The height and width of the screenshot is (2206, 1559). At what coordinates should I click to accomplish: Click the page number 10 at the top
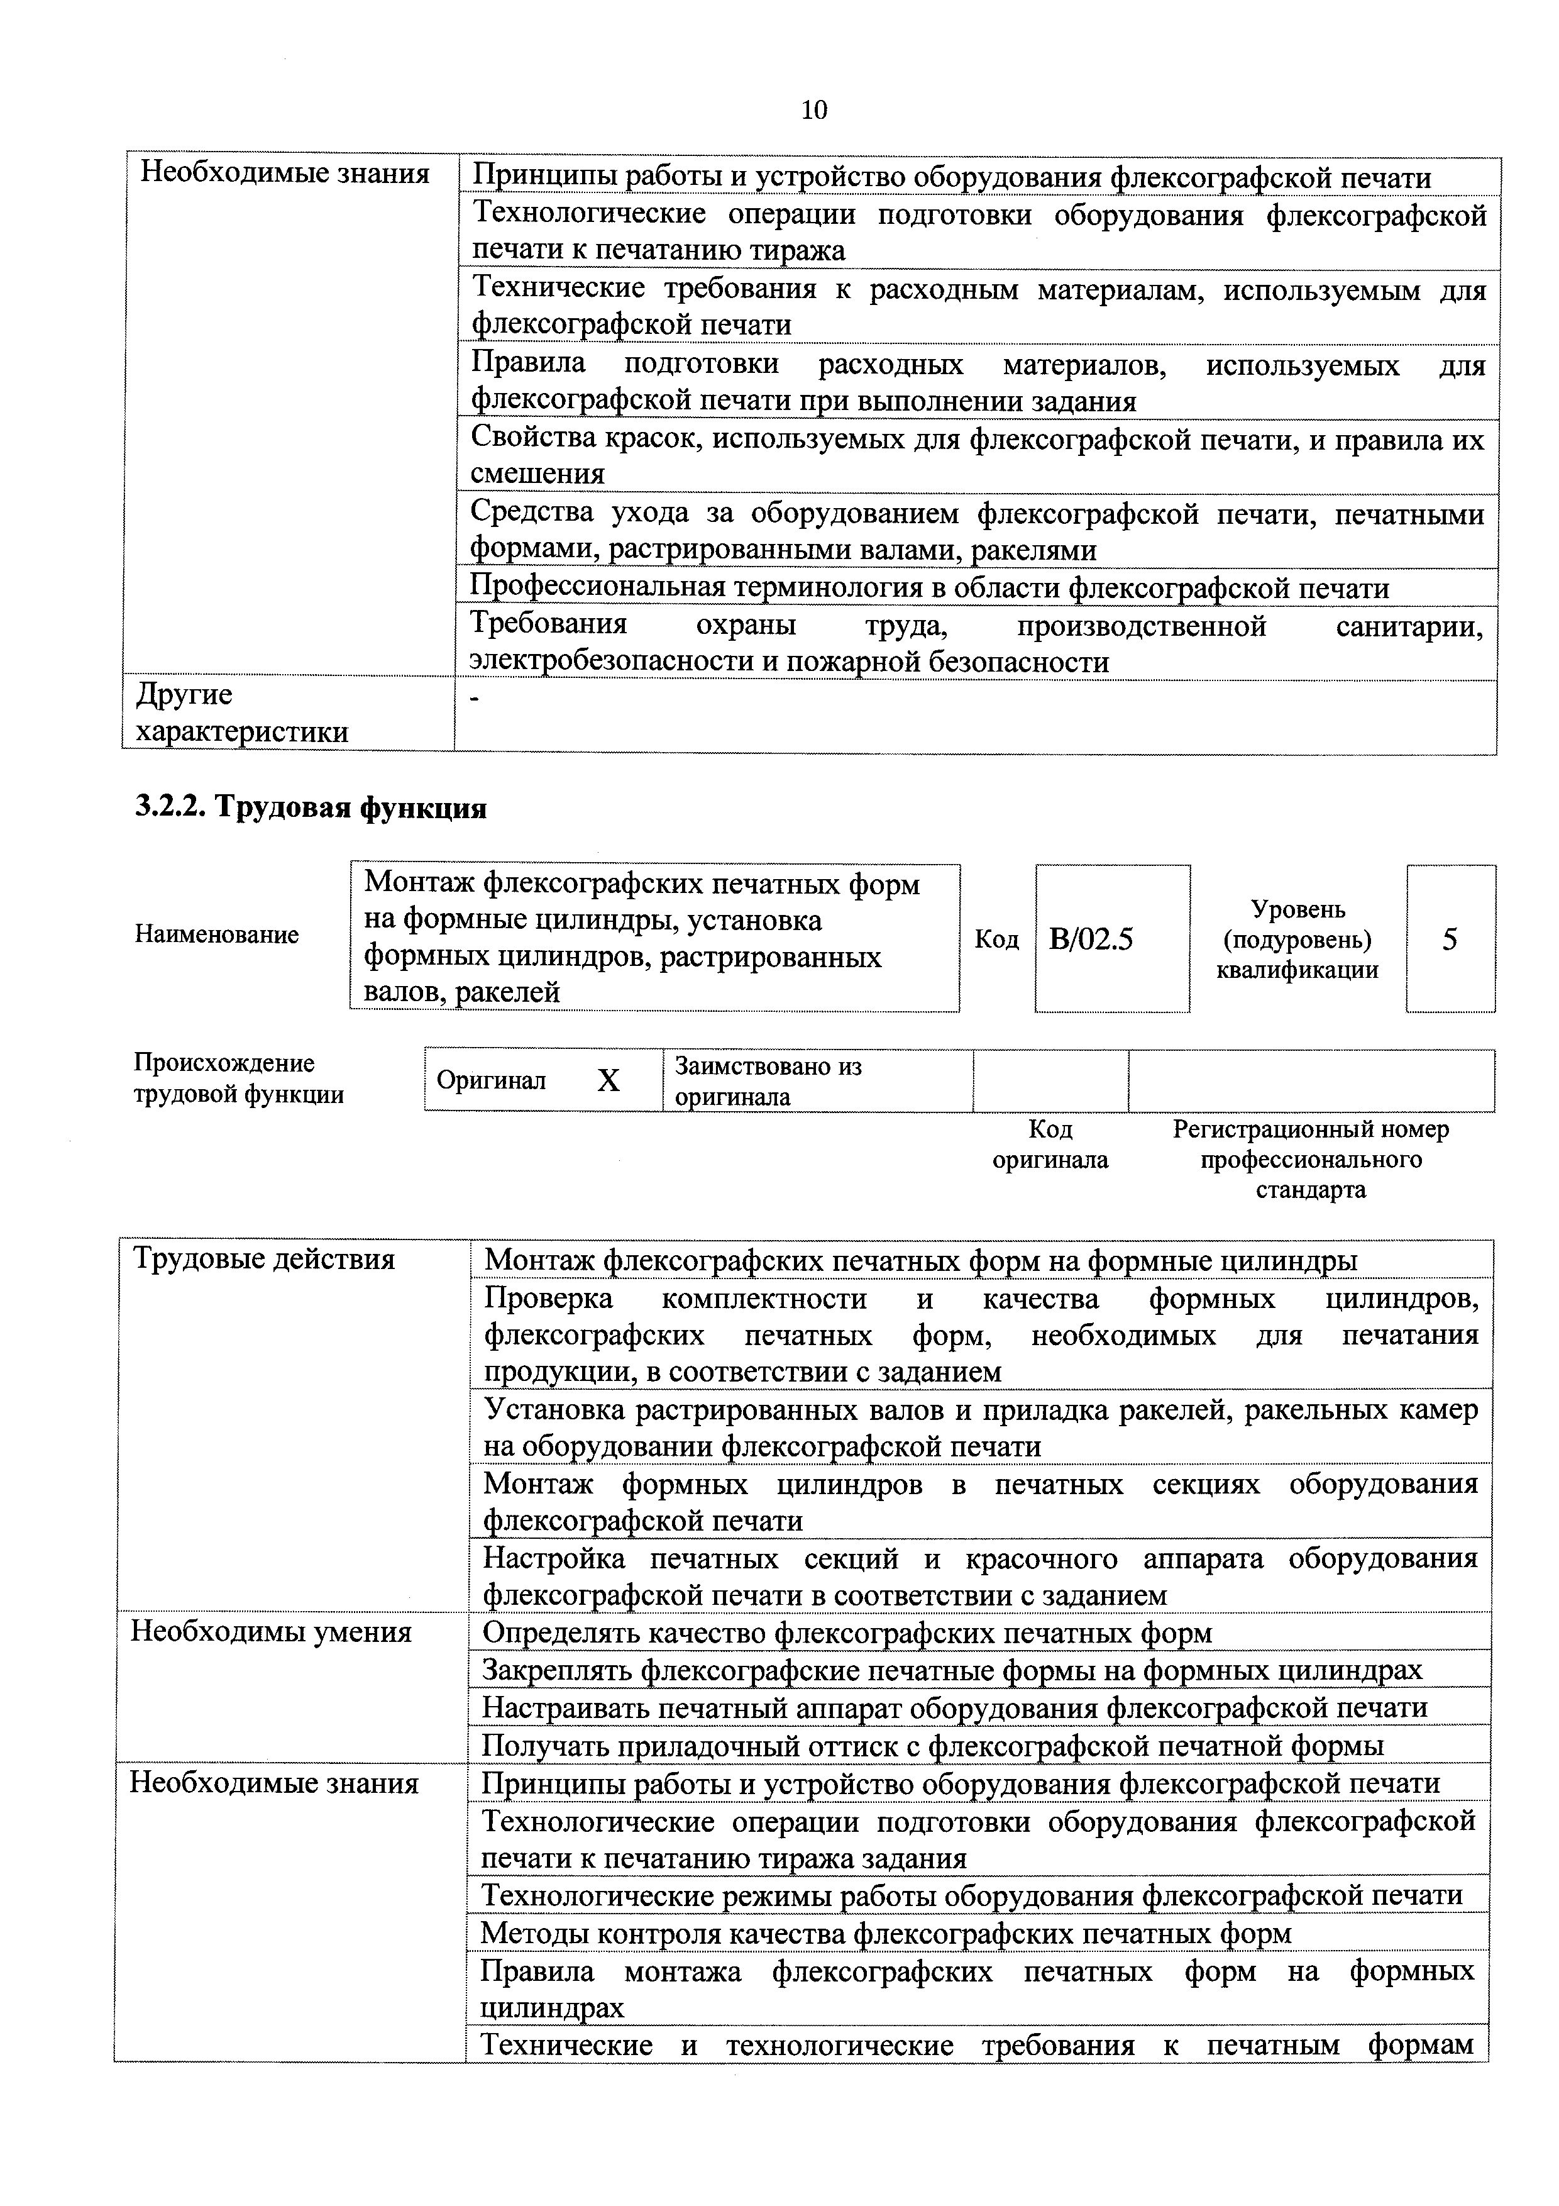click(x=813, y=111)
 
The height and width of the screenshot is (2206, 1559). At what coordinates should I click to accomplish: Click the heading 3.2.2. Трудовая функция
click(x=311, y=807)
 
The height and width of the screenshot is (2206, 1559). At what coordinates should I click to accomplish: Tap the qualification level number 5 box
click(x=1450, y=939)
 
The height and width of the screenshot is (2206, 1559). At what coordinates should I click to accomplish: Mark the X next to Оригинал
click(x=608, y=1082)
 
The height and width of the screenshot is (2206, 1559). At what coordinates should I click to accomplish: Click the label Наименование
click(x=217, y=935)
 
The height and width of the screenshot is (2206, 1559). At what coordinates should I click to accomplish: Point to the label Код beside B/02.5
click(x=996, y=939)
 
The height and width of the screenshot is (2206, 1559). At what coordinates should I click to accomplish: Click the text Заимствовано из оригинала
click(x=768, y=1081)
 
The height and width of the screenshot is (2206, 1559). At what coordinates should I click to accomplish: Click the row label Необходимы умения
click(x=271, y=1632)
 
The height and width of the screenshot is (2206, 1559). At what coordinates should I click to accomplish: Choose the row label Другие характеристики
click(x=240, y=714)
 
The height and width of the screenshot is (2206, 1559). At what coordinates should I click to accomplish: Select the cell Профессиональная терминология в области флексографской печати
click(x=929, y=588)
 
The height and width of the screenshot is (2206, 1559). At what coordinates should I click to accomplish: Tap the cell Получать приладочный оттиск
click(x=932, y=1745)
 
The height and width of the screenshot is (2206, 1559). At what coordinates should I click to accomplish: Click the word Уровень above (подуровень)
click(x=1297, y=909)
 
